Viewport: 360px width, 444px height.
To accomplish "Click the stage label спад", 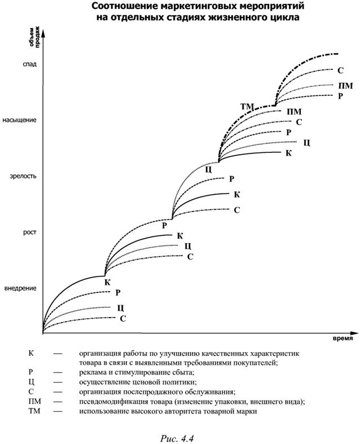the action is [30, 64].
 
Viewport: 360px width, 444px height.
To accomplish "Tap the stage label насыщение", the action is [20, 120].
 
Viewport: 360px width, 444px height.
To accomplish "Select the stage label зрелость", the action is [23, 176].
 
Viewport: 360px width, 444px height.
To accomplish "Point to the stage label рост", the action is [30, 232].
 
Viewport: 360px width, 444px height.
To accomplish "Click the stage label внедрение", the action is [20, 288].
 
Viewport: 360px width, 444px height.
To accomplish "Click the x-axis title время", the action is [343, 339].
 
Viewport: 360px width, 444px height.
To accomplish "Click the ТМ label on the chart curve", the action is [247, 107].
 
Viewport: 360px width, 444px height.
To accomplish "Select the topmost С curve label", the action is [340, 70].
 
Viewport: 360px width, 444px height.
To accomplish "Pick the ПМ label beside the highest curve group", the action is [345, 86].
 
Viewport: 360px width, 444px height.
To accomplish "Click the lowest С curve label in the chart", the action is [122, 319].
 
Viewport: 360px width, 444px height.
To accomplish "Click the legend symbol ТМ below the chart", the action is [34, 411].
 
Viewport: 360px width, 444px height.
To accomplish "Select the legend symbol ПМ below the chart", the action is [35, 401].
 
